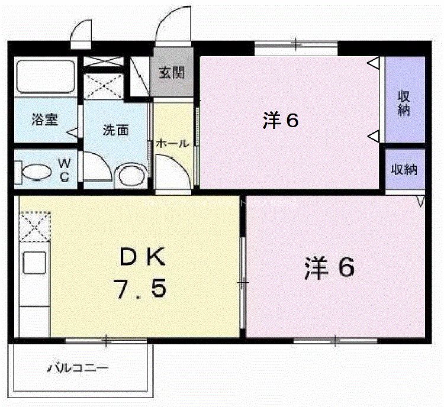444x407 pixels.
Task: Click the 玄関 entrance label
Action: [172, 73]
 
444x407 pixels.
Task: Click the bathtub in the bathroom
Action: [44, 77]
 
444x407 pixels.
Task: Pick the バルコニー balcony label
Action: [78, 368]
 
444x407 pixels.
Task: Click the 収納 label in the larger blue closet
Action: [404, 103]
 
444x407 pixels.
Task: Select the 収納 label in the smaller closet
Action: [404, 169]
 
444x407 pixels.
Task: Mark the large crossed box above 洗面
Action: [104, 86]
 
